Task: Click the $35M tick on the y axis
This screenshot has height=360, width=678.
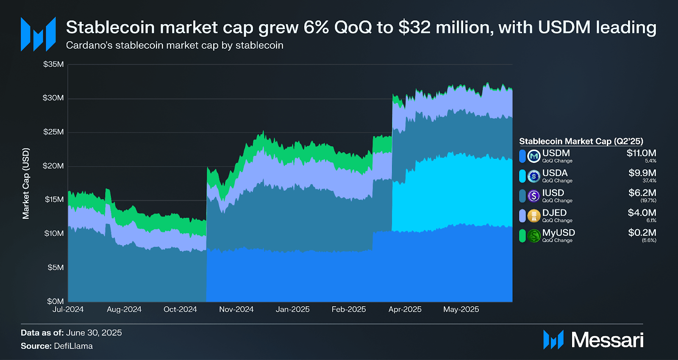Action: [x=53, y=64]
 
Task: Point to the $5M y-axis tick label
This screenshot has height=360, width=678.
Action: [x=56, y=268]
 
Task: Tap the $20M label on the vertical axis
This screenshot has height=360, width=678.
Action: [x=53, y=166]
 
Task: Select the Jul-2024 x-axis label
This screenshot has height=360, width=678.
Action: [x=68, y=310]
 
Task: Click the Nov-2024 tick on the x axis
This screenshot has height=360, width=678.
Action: [x=236, y=310]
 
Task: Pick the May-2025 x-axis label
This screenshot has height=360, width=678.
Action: [x=461, y=310]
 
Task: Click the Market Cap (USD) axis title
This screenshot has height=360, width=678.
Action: [x=26, y=183]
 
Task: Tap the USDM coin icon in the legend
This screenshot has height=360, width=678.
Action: [x=534, y=156]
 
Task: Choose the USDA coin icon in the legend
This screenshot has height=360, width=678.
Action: [x=534, y=176]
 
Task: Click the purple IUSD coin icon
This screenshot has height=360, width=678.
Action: [x=534, y=196]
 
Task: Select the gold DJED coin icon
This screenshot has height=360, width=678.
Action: [x=534, y=216]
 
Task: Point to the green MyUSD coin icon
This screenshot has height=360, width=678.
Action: [x=534, y=235]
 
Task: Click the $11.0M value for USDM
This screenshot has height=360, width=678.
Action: [x=641, y=153]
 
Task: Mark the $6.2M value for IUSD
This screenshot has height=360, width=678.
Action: [x=642, y=193]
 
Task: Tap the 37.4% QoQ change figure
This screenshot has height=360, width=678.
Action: [x=649, y=181]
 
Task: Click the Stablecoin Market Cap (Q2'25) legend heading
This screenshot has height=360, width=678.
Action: [x=581, y=141]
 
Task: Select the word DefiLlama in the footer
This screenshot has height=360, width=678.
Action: [x=73, y=346]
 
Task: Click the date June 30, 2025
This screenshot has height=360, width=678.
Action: [x=94, y=333]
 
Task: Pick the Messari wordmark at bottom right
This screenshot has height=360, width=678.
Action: [x=607, y=340]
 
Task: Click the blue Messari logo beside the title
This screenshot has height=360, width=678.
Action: [x=38, y=34]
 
